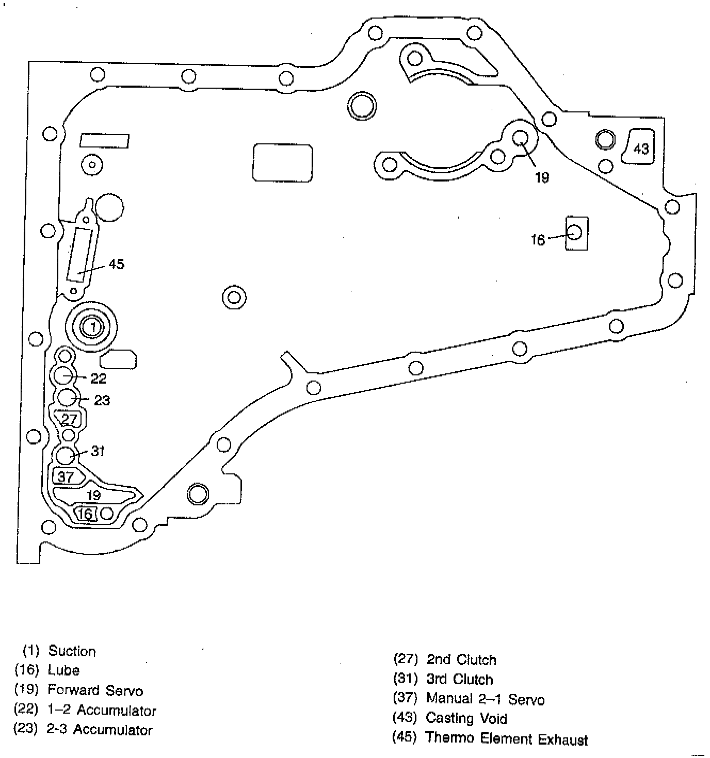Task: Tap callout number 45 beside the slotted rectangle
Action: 117,264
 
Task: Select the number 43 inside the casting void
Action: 641,149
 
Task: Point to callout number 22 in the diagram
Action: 98,378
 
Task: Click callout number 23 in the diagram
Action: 102,401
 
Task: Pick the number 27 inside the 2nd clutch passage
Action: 69,419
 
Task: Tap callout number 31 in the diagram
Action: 98,451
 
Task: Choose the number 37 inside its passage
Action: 66,476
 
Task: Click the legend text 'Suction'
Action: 72,651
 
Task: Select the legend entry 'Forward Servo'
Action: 95,690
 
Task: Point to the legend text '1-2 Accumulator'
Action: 101,711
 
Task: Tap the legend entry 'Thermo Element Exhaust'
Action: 506,738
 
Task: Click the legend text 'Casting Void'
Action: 466,718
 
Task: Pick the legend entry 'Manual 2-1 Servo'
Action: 485,699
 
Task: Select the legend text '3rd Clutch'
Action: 459,679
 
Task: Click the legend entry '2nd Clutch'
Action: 461,660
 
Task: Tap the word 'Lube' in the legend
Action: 63,670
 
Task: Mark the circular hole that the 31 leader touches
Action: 66,455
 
